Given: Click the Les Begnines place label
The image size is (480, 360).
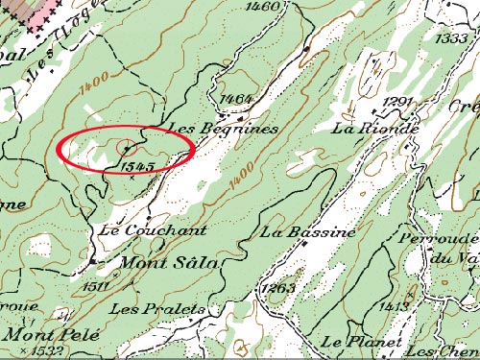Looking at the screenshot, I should [x=222, y=128].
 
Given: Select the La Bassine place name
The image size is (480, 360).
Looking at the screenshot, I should [x=308, y=232].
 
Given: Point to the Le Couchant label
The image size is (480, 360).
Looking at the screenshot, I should [x=153, y=230].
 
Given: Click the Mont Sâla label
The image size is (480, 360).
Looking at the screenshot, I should [x=169, y=261].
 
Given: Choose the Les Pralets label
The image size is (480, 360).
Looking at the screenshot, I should [x=157, y=308].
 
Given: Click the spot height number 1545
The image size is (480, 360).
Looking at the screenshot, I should [x=139, y=167].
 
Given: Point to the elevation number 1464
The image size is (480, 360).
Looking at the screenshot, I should [x=235, y=99].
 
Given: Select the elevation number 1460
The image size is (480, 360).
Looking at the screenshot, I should [x=262, y=7].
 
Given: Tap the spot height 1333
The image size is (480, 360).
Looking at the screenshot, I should [x=450, y=38].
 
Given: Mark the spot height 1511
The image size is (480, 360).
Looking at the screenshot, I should [x=96, y=285].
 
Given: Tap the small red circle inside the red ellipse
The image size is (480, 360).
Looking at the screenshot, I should [x=126, y=148].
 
